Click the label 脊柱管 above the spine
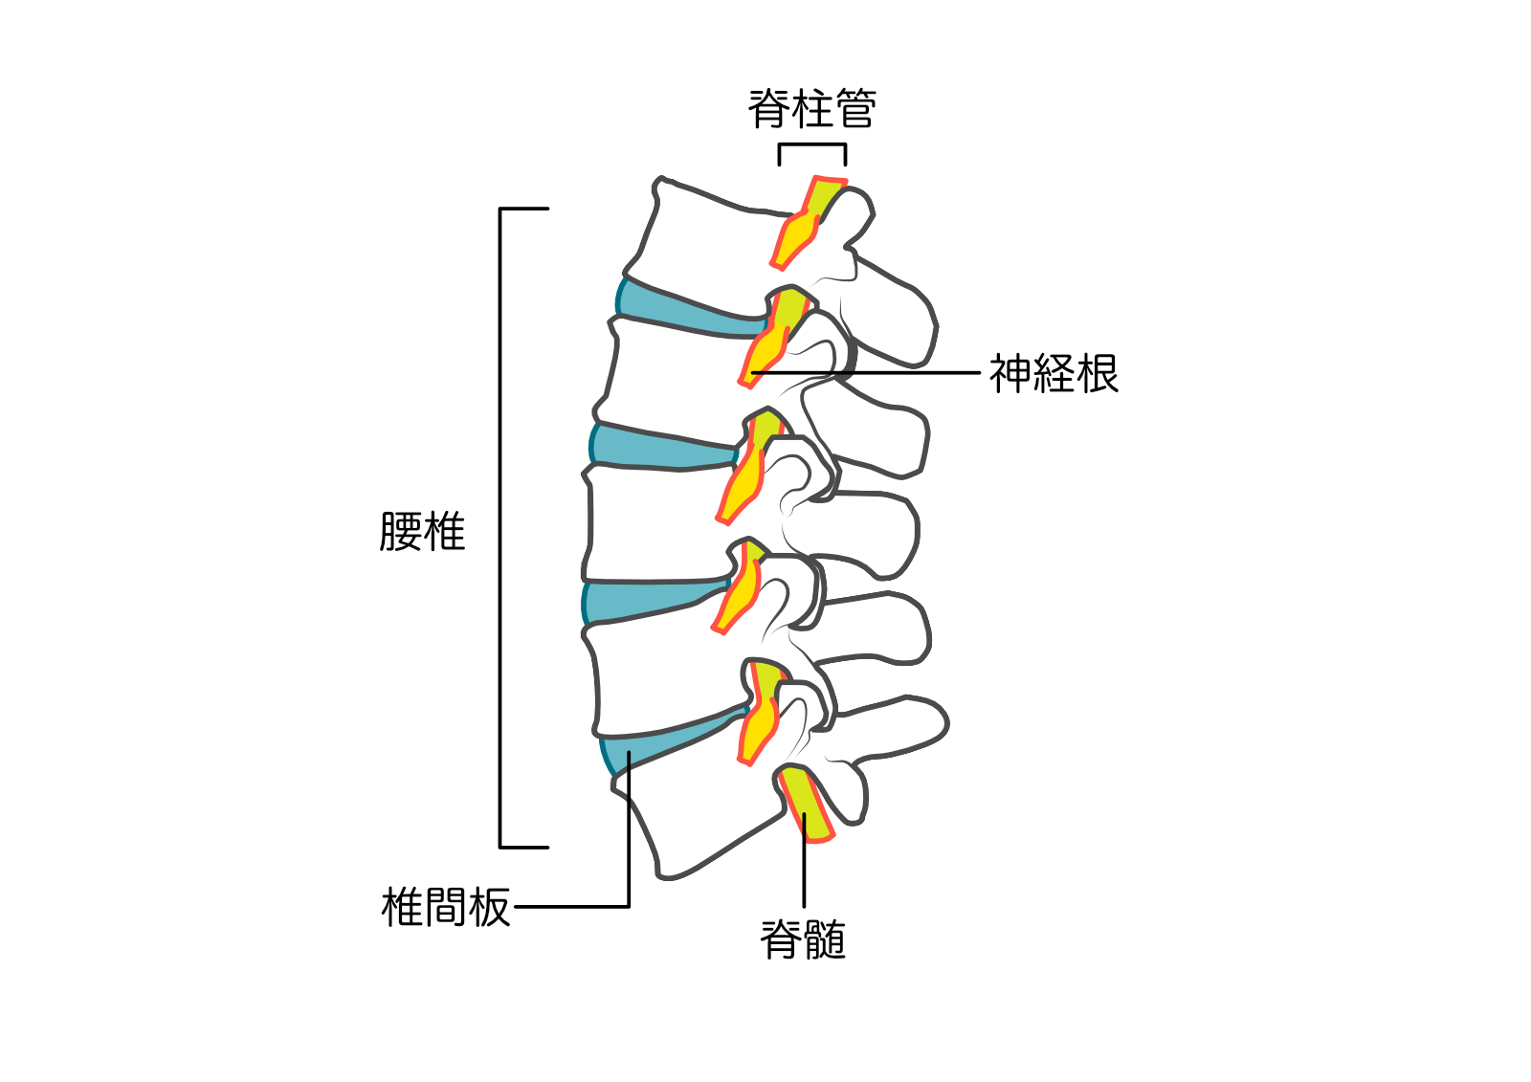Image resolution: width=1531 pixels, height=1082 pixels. [811, 108]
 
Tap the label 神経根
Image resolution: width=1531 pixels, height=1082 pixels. [1053, 373]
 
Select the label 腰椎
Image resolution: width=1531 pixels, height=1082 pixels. [422, 531]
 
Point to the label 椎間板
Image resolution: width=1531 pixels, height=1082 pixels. [446, 907]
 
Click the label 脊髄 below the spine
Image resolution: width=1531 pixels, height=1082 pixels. [803, 939]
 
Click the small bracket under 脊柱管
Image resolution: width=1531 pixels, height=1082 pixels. [811, 146]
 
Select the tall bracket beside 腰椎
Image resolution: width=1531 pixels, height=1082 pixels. [501, 527]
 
